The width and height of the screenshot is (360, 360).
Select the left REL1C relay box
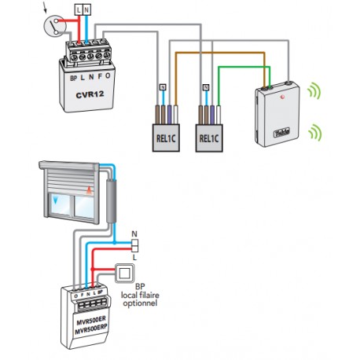[x=166, y=134]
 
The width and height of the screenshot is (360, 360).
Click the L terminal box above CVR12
[x=79, y=10]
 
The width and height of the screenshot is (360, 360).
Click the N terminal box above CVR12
[x=88, y=10]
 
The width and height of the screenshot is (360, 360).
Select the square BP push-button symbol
[x=123, y=273]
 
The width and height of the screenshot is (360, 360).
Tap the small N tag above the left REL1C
[x=162, y=86]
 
